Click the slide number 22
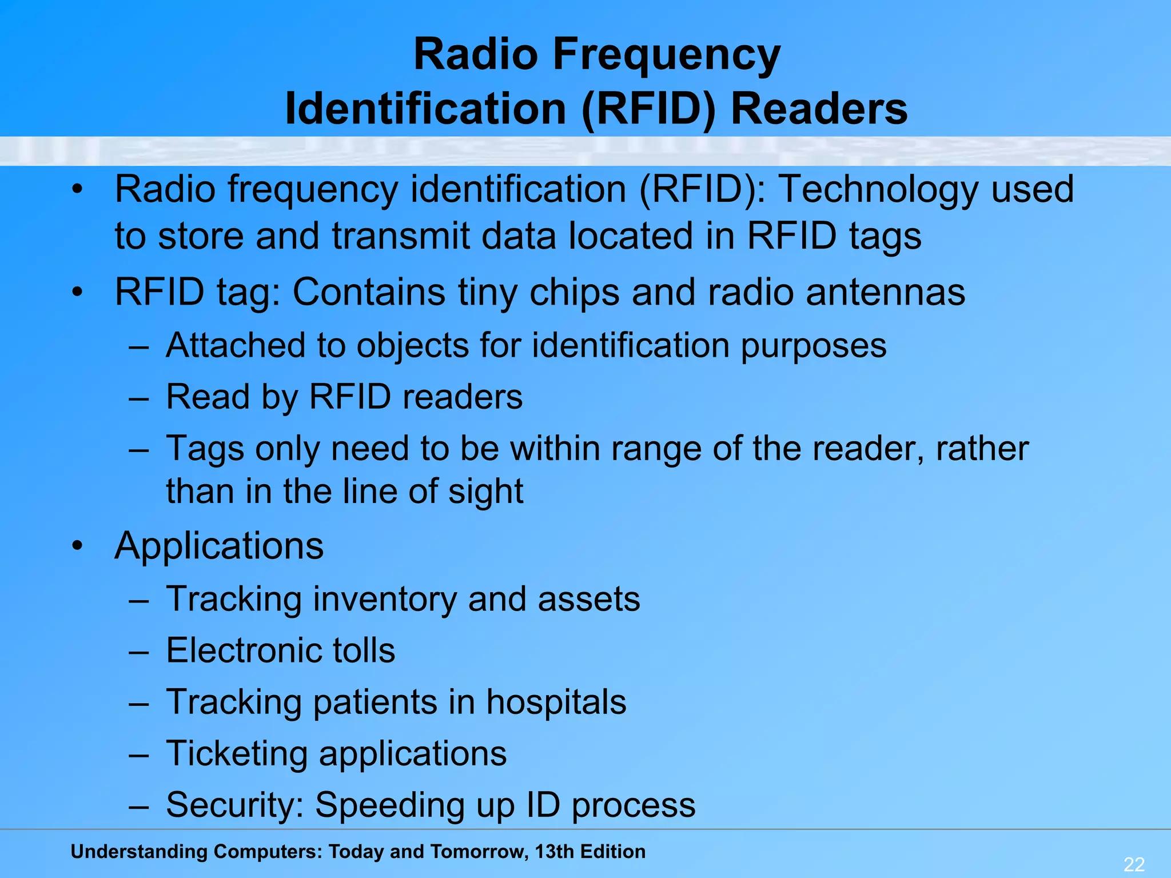[1134, 864]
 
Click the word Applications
[219, 546]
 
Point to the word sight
[485, 492]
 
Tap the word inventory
[385, 600]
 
